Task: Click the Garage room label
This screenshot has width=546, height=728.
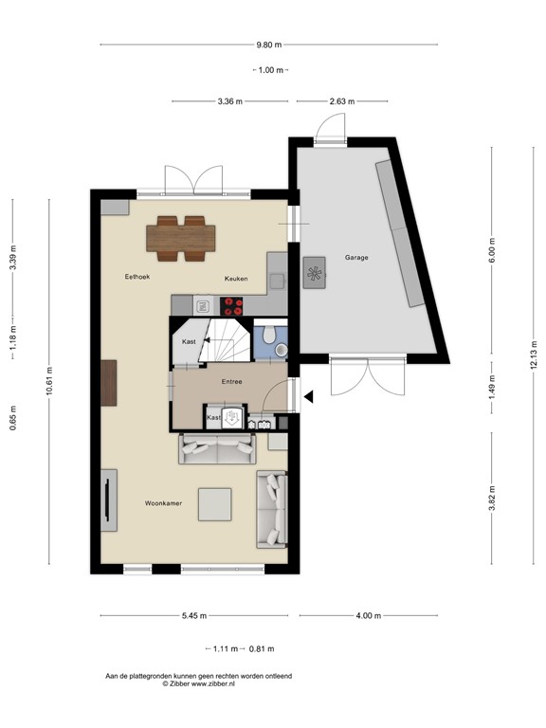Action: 356,257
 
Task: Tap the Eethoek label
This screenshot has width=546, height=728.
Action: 138,277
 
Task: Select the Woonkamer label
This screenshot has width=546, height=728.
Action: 163,502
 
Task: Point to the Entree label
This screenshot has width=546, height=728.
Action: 231,382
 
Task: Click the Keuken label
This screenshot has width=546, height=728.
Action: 236,279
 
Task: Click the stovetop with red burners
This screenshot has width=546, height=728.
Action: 232,305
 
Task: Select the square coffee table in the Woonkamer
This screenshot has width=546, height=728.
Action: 214,503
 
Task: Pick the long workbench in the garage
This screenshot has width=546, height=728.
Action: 399,233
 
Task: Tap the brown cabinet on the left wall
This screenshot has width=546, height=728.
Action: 110,383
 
